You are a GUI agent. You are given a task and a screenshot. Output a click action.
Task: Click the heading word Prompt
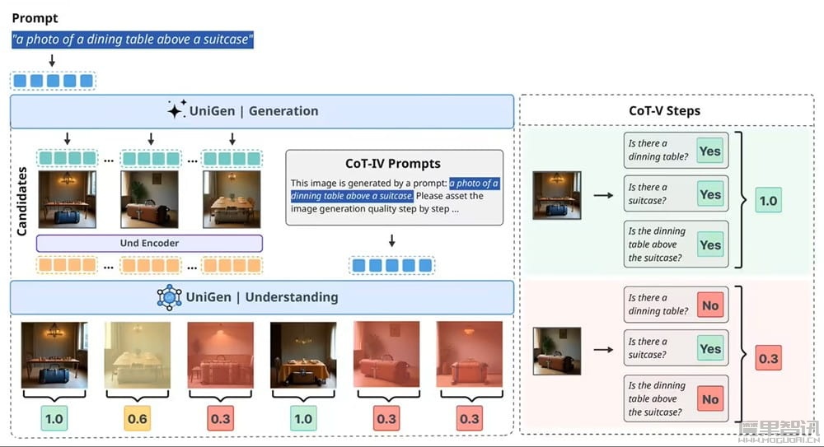pos(35,17)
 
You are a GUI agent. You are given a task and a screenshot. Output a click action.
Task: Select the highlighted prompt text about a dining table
pos(133,39)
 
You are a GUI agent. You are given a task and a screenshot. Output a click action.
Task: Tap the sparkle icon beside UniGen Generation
pos(176,110)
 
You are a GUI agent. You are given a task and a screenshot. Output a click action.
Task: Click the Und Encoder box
pos(149,243)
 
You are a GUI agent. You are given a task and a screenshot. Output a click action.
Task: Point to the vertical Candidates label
pos(22,201)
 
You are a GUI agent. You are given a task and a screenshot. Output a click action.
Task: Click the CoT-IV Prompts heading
pos(393,163)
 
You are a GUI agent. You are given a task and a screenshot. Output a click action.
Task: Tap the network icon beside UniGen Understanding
pos(169,297)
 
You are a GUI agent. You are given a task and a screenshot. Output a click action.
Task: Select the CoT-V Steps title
pos(664,110)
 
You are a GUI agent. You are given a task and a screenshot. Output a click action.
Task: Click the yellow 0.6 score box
pos(138,419)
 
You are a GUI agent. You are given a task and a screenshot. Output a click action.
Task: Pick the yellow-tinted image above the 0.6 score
pos(138,355)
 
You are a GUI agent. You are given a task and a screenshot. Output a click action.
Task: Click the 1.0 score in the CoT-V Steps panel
pos(768,201)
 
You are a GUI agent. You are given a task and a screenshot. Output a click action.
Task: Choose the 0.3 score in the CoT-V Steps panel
pos(768,359)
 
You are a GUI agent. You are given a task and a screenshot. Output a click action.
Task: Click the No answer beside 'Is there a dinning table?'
pos(709,305)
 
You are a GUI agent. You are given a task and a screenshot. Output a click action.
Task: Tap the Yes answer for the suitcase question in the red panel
pos(709,349)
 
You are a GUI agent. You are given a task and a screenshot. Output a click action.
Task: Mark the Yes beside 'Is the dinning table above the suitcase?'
pos(709,245)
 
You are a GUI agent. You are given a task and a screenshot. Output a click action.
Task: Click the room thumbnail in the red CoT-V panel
pos(557,351)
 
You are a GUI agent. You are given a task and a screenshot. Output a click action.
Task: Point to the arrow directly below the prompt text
pos(52,61)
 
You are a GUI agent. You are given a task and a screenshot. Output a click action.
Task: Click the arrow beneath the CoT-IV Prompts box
pos(392,240)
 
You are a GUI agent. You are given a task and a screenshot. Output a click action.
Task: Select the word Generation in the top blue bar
pos(283,111)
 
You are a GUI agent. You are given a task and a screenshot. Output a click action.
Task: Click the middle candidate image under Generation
pos(149,199)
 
